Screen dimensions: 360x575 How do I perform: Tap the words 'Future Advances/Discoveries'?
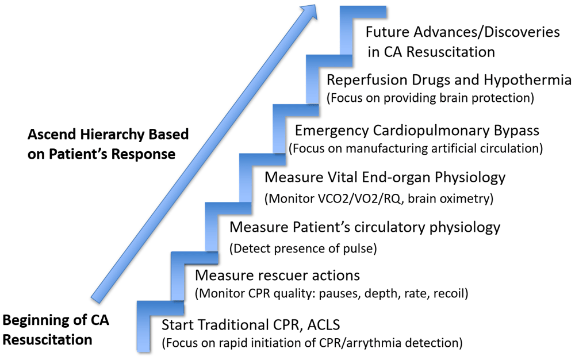click(x=463, y=32)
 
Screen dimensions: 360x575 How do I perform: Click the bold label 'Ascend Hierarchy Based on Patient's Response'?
click(x=108, y=145)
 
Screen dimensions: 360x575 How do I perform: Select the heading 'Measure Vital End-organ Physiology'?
click(x=385, y=177)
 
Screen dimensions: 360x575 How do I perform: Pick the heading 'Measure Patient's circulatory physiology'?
click(x=365, y=227)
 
